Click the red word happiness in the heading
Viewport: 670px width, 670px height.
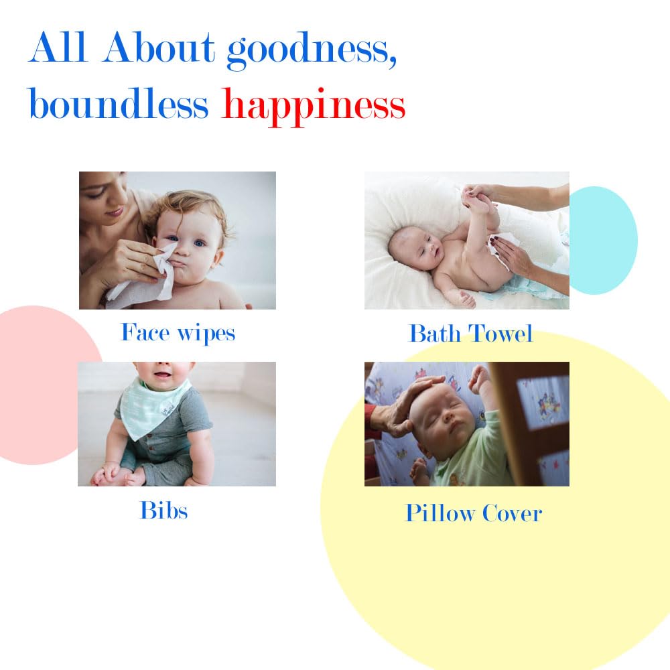click(x=313, y=106)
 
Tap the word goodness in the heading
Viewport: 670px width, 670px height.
click(x=312, y=50)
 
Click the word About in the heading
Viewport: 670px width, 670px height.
click(x=158, y=47)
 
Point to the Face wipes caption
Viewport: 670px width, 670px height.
click(x=178, y=333)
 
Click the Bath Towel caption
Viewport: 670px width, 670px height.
click(x=471, y=333)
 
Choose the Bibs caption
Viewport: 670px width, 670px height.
click(x=164, y=510)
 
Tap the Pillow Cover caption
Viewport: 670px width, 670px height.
click(x=474, y=513)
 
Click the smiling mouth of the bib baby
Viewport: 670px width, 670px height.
click(x=163, y=375)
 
